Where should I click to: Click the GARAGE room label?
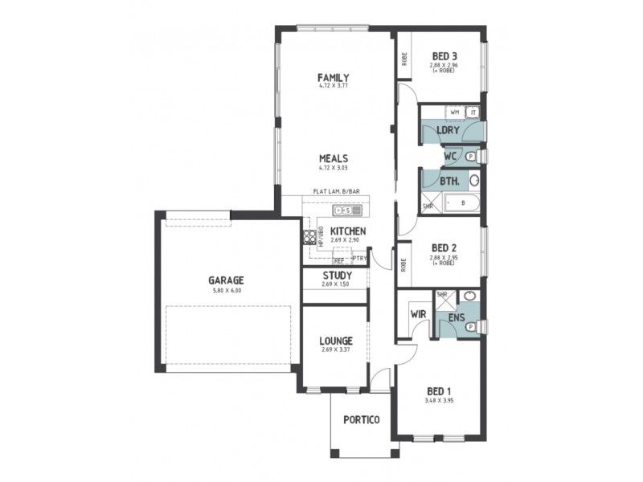pyautogui.click(x=226, y=280)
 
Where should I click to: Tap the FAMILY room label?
pyautogui.click(x=333, y=77)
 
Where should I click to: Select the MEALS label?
pyautogui.click(x=333, y=158)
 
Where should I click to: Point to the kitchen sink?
pyautogui.click(x=349, y=210)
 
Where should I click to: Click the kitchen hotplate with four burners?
pyautogui.click(x=308, y=237)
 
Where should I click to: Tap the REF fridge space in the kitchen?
pyautogui.click(x=339, y=260)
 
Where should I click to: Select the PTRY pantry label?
pyautogui.click(x=359, y=258)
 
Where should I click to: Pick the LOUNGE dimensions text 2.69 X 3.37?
pyautogui.click(x=335, y=350)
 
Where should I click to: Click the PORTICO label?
pyautogui.click(x=360, y=419)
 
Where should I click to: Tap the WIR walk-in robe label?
pyautogui.click(x=417, y=313)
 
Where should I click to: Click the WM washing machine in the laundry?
pyautogui.click(x=454, y=112)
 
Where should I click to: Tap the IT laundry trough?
pyautogui.click(x=473, y=112)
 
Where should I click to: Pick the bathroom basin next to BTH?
pyautogui.click(x=474, y=180)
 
